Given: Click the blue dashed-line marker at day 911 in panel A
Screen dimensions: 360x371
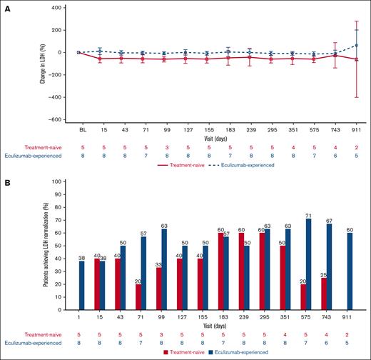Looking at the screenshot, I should coord(346,45).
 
